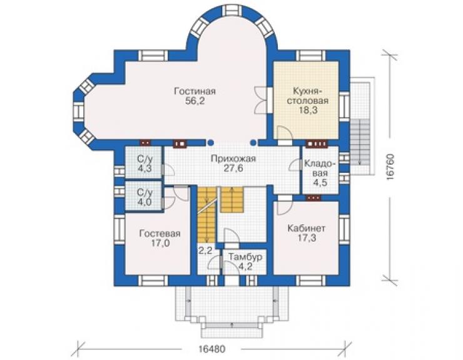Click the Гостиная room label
click(195, 91)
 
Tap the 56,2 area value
click(195, 101)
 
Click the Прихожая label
click(233, 159)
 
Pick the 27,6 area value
click(233, 168)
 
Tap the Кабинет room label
click(307, 228)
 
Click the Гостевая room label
click(160, 234)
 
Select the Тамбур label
click(245, 257)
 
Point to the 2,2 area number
click(205, 251)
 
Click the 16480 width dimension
click(211, 349)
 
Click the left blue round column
click(210, 143)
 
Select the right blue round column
click(253, 143)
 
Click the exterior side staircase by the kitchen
click(360, 142)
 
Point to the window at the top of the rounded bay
click(232, 11)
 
